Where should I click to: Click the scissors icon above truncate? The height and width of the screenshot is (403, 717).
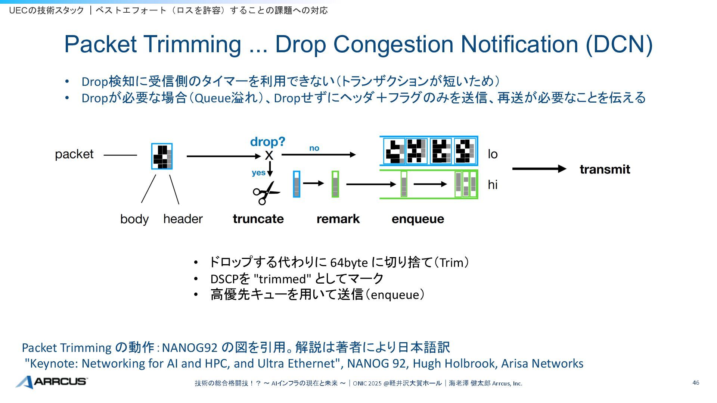tap(266, 193)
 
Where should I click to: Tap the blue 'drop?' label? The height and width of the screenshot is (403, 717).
tap(267, 142)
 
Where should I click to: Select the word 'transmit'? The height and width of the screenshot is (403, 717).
tap(605, 169)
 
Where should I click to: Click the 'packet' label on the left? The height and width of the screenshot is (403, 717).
tap(74, 154)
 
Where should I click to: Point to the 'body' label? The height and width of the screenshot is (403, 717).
tap(134, 219)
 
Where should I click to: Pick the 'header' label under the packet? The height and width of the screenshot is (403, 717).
tap(183, 219)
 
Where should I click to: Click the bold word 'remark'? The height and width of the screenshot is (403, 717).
tap(338, 219)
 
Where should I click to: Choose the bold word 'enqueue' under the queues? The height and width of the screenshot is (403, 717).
tap(418, 219)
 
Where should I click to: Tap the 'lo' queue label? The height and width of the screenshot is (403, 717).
tap(493, 154)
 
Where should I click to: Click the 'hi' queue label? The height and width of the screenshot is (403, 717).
tap(493, 185)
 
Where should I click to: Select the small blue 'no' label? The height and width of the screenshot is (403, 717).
tap(314, 148)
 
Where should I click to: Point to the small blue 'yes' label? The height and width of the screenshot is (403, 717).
tap(258, 173)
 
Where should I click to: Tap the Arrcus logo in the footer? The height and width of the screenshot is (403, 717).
tap(52, 382)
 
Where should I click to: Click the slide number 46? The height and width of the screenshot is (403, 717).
tap(696, 383)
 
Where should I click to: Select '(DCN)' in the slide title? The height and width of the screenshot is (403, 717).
tap(619, 44)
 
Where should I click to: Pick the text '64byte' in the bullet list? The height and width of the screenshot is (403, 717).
tap(349, 263)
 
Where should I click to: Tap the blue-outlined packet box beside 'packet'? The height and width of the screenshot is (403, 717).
tap(162, 156)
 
